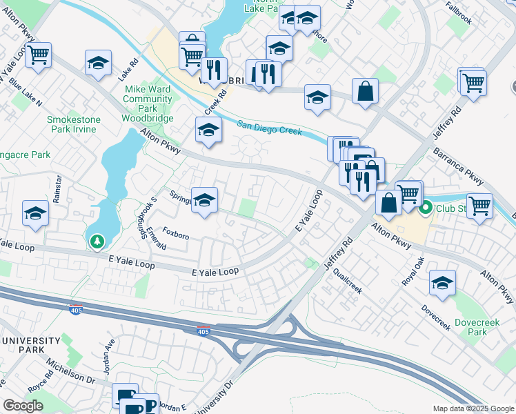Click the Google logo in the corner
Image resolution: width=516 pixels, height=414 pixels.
click(23, 406)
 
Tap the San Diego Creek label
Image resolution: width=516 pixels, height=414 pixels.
click(270, 128)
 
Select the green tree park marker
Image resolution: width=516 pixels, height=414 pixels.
click(97, 241)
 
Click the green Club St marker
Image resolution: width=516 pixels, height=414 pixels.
click(426, 206)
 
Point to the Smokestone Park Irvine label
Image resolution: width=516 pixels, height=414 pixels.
click(73, 124)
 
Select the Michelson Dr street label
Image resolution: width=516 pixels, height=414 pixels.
click(70, 370)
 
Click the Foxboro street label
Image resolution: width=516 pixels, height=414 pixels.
click(175, 235)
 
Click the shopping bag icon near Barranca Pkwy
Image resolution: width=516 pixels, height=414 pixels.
click(365, 91)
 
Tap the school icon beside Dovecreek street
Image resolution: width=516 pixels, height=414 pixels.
click(442, 282)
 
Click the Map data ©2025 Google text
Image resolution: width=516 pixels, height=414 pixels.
click(473, 408)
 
